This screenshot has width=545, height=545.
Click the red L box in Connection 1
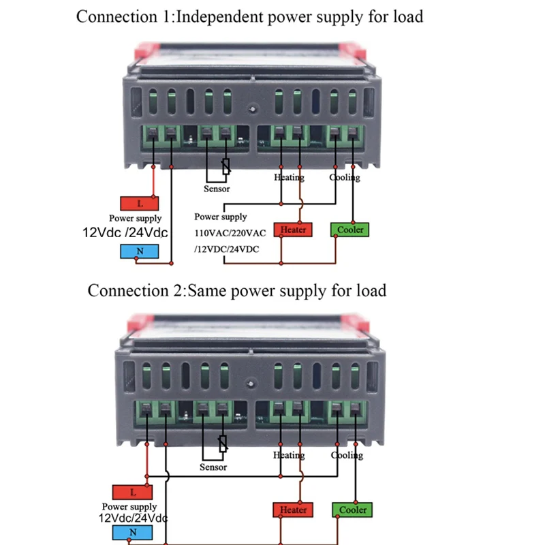click(x=140, y=203)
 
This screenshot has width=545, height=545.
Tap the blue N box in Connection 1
click(x=140, y=251)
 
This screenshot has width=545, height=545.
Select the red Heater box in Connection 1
click(x=293, y=230)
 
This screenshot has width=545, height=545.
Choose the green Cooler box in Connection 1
click(x=349, y=230)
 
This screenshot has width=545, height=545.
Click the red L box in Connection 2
click(x=132, y=492)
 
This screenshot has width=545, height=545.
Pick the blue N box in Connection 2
click(x=132, y=533)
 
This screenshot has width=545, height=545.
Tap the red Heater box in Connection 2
click(x=293, y=510)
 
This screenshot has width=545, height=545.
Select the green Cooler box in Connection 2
click(x=352, y=510)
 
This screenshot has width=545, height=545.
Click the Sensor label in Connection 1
click(x=217, y=189)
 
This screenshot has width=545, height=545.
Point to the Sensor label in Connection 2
click(x=213, y=467)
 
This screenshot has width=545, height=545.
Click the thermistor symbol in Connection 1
click(x=226, y=166)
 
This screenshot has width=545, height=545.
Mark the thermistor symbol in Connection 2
click(x=223, y=443)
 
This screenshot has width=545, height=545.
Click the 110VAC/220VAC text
click(x=230, y=233)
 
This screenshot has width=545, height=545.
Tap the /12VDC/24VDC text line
click(x=227, y=249)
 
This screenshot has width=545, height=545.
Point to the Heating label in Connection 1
click(x=289, y=177)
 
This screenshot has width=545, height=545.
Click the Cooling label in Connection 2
click(x=347, y=455)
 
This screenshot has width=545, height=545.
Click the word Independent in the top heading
click(x=219, y=16)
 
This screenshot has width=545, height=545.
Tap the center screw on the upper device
click(x=253, y=109)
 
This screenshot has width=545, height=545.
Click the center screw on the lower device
click(x=250, y=384)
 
